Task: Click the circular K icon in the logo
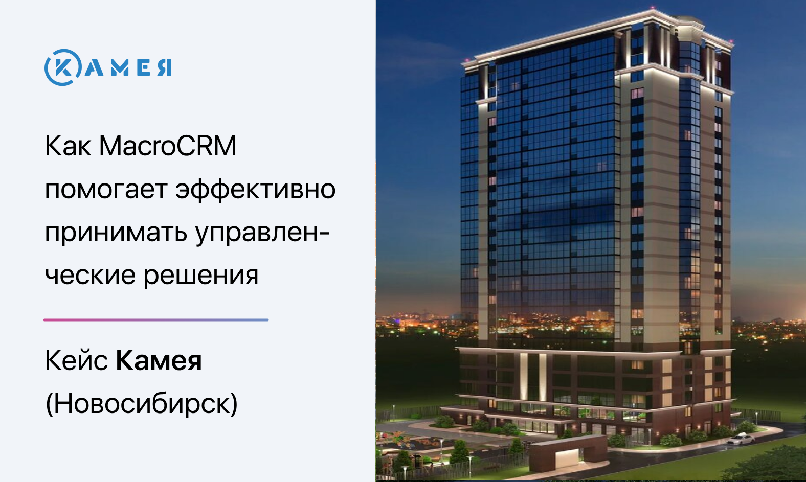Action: point(62,67)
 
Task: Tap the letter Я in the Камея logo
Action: point(165,67)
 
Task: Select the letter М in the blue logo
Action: point(120,67)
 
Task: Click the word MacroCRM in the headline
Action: point(168,146)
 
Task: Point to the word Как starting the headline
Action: point(68,146)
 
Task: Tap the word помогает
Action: point(106,190)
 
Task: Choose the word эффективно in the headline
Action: point(256,190)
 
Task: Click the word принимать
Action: point(116,233)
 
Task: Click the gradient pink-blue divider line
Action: point(156,320)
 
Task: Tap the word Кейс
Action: point(76,360)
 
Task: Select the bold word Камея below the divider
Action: point(159,360)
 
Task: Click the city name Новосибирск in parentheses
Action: point(142,404)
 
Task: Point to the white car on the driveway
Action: point(741,439)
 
